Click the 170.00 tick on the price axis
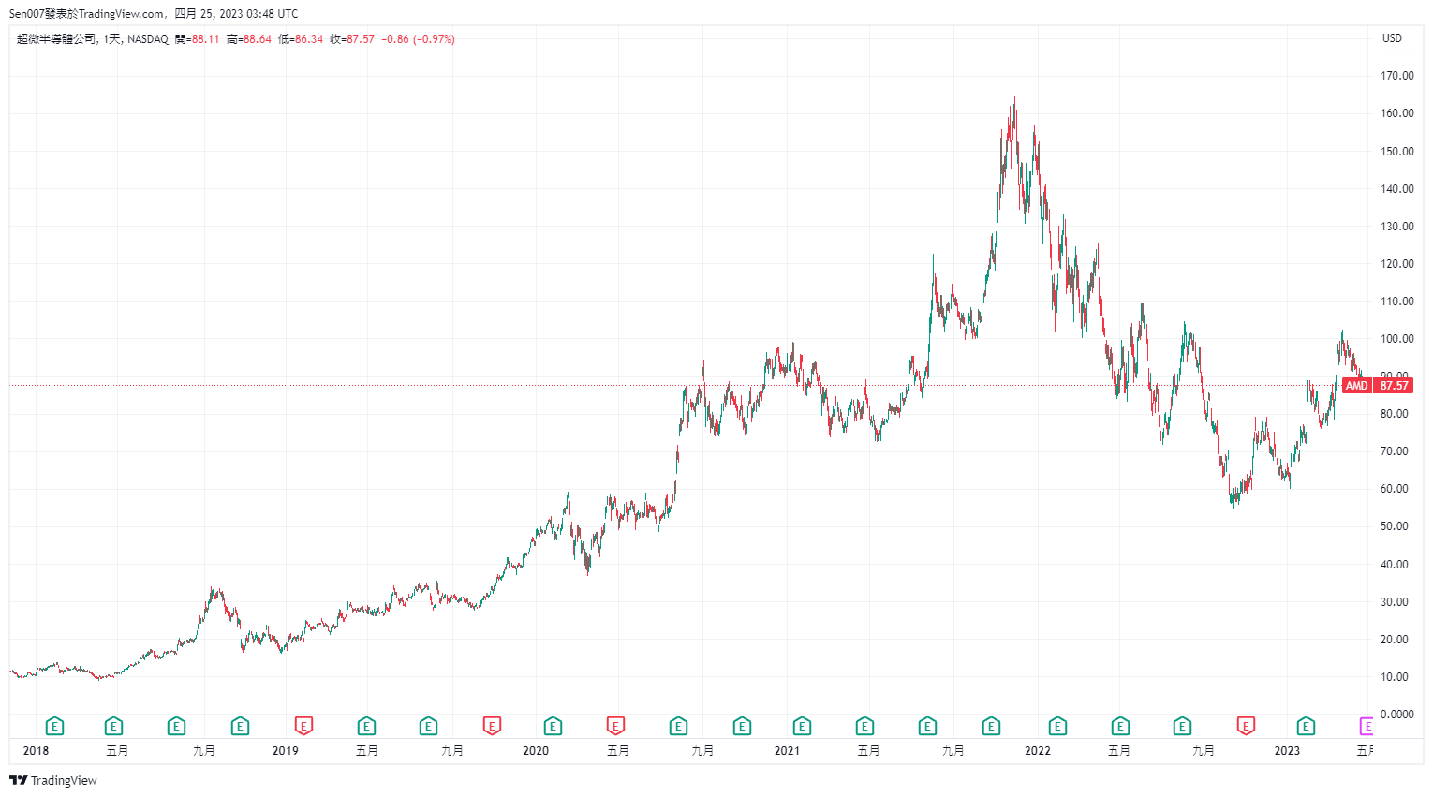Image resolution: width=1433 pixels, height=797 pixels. pos(1396,76)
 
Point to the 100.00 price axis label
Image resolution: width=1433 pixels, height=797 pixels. pos(1396,339)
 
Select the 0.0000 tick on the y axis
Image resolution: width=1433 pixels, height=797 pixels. pos(1396,715)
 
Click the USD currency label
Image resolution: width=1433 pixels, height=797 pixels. pos(1392,38)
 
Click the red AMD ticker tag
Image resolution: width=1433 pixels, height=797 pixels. pos(1356,386)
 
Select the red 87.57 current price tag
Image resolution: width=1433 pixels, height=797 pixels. pos(1394,386)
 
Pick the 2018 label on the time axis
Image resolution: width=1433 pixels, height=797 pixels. pos(36,751)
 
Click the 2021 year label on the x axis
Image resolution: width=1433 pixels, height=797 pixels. pos(787,751)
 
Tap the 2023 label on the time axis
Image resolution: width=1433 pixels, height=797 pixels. pos(1287,751)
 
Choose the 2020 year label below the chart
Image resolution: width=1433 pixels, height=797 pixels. pos(536,751)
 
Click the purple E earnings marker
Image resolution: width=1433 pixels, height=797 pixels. pos(1367,726)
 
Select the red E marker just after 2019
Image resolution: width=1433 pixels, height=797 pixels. pos(303,726)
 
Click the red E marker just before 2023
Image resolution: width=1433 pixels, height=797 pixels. pos(1246,726)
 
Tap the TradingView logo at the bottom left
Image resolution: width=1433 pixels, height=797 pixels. pos(53,781)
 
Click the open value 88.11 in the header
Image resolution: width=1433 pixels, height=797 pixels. pos(205,39)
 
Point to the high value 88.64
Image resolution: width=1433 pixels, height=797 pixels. pos(257,39)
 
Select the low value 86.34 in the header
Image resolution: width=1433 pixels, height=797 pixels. pos(308,39)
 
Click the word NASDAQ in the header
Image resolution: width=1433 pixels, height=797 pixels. pos(148,39)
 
